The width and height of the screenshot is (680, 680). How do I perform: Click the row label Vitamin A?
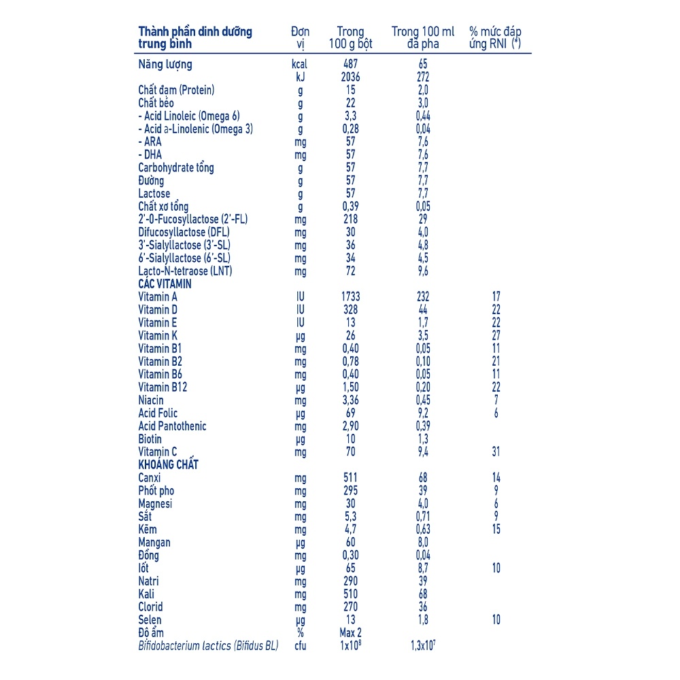pos(158,296)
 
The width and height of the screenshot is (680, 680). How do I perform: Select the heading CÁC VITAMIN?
pos(165,284)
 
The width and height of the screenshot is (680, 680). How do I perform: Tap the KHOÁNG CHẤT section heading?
pos(168,464)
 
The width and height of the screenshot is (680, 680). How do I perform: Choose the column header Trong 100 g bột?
pos(351,37)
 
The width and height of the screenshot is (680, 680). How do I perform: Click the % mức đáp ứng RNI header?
pos(496,37)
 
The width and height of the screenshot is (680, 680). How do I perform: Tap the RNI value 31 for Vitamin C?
pos(496,452)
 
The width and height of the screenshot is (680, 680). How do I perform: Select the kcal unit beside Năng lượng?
pos(299,65)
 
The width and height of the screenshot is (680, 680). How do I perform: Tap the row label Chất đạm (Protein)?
pos(176,90)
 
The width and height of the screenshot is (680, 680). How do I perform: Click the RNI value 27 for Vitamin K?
pos(496,335)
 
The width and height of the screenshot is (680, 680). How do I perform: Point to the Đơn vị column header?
pos(300,37)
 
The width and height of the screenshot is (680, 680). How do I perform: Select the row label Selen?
pos(150,620)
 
